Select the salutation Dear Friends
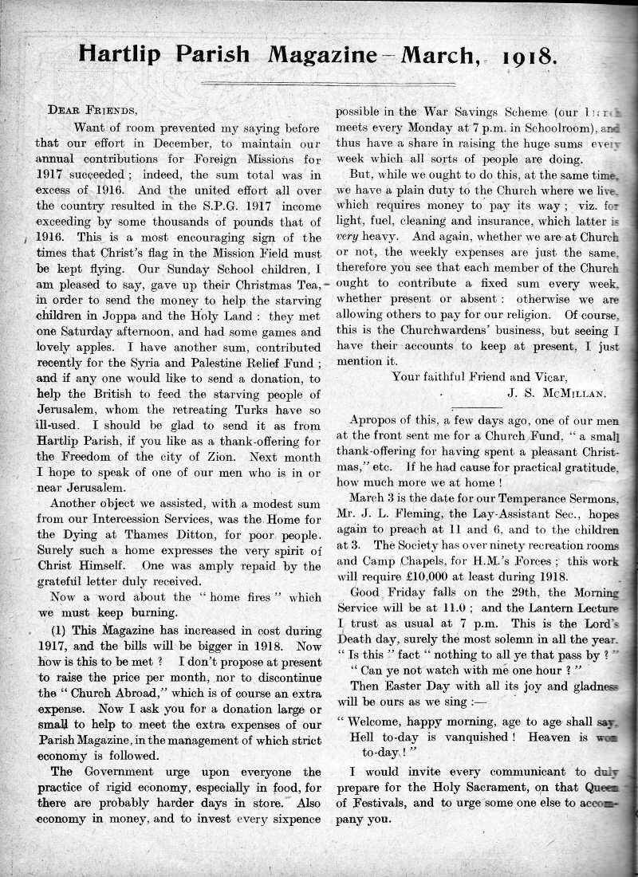87,110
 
